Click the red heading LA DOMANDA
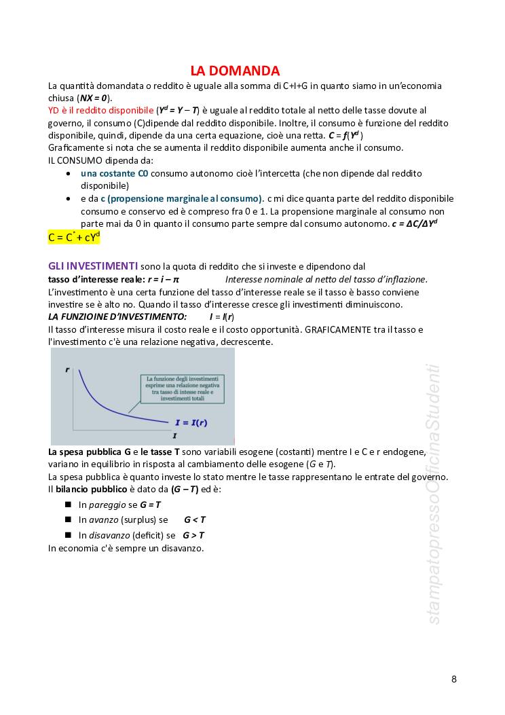(x=235, y=71)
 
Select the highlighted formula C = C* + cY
(x=74, y=237)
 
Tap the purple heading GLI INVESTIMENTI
(x=93, y=265)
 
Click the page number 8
(x=454, y=678)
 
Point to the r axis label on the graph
(x=67, y=369)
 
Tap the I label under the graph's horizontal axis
(x=174, y=435)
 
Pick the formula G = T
(x=150, y=505)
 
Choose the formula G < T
(x=195, y=519)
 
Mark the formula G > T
(x=193, y=535)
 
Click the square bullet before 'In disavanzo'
(x=69, y=534)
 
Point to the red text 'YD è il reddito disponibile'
(x=101, y=110)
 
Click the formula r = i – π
(x=163, y=279)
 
